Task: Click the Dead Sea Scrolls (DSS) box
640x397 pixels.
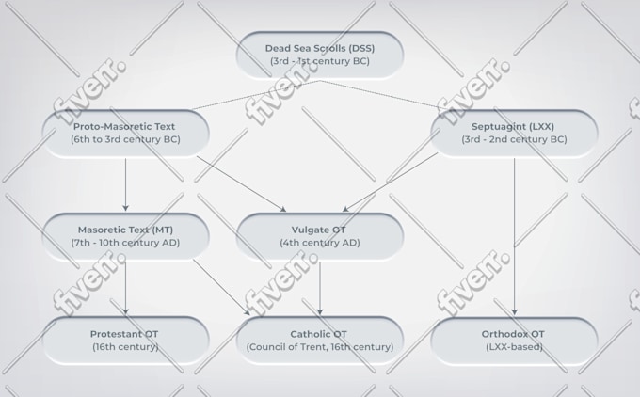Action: click(320, 55)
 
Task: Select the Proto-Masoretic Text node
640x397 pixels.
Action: click(126, 133)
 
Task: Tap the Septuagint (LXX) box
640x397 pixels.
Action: click(514, 133)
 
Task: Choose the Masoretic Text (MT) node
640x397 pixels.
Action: click(126, 236)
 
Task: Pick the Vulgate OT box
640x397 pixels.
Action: click(320, 236)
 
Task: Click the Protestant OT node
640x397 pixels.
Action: click(126, 341)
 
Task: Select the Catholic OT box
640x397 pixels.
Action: click(320, 341)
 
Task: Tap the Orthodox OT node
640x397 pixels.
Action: click(514, 341)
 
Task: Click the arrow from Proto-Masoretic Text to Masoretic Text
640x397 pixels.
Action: click(126, 184)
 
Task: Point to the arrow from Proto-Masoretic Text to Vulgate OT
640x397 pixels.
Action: click(241, 183)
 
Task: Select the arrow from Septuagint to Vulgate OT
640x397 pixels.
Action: click(390, 182)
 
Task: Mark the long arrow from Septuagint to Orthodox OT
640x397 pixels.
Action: click(514, 237)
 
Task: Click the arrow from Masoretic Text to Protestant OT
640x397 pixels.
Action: click(126, 288)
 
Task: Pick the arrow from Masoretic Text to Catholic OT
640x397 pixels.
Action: click(221, 287)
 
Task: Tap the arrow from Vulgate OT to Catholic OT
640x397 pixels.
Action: click(320, 289)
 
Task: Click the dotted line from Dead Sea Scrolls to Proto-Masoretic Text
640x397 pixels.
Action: click(255, 95)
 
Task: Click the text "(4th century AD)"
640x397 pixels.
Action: click(320, 243)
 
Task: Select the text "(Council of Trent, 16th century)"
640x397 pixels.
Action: click(320, 347)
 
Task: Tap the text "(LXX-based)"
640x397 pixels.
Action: click(514, 347)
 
